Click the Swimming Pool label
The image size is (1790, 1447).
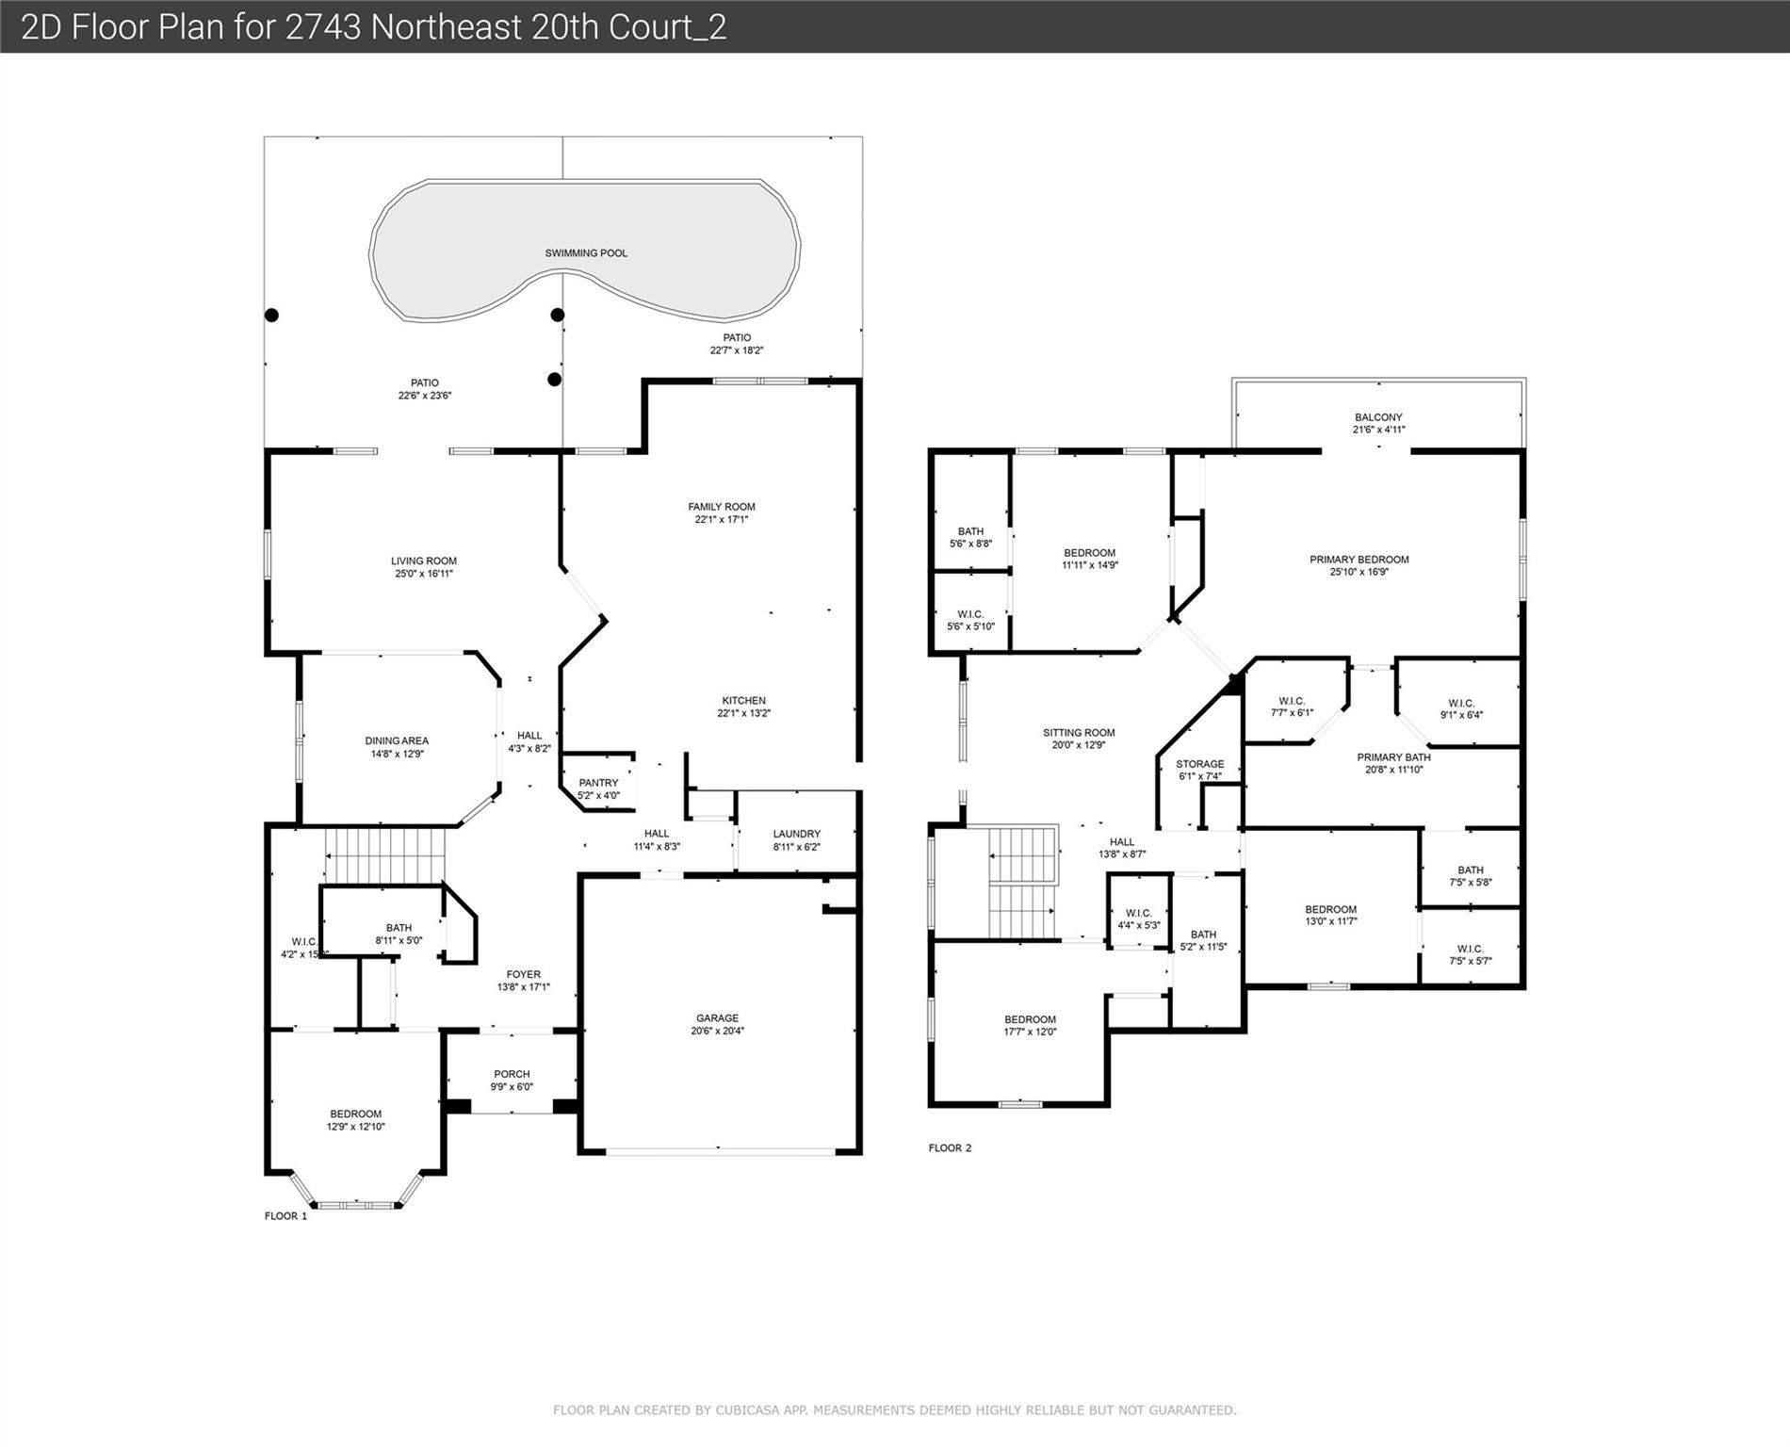pos(586,253)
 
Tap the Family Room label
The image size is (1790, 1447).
pos(722,507)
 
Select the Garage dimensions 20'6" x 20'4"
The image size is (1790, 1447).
pos(717,1031)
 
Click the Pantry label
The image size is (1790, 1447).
pos(598,783)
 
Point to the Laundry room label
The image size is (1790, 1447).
pos(797,834)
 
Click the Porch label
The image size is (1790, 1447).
pos(512,1074)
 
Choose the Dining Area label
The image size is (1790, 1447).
pos(397,741)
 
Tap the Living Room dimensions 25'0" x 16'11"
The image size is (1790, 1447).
pos(423,574)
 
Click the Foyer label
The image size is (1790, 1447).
pos(524,975)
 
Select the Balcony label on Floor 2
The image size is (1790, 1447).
pos(1378,417)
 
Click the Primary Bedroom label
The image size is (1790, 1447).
pos(1359,560)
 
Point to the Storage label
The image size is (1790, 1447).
pos(1200,764)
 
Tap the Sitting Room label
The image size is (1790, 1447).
pos(1079,733)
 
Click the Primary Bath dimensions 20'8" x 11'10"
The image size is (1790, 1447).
pos(1393,770)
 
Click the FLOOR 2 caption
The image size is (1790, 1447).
pos(950,1148)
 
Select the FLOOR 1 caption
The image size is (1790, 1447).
pos(285,1216)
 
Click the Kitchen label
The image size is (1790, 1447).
pos(743,701)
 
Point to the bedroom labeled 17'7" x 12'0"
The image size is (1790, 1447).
pos(1030,1026)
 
